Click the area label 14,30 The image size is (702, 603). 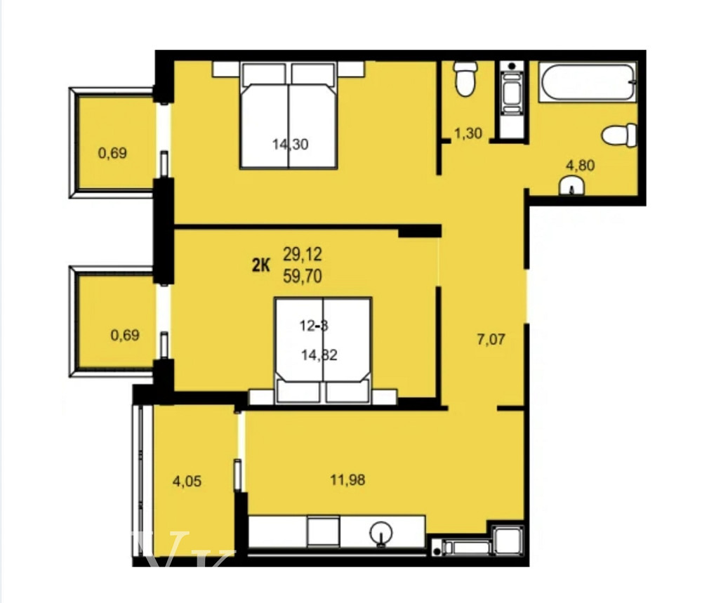click(291, 145)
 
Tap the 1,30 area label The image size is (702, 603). click(468, 133)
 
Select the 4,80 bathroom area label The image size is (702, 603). click(581, 166)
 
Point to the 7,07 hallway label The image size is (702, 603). click(491, 340)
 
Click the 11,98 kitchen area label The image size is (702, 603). click(347, 480)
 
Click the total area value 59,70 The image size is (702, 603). click(303, 277)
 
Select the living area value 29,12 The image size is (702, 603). click(303, 253)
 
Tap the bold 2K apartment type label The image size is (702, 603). click(261, 265)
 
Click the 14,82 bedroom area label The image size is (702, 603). click(319, 355)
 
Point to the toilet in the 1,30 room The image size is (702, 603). click(465, 79)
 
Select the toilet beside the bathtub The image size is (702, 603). click(621, 135)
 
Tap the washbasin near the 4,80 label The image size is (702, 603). click(574, 186)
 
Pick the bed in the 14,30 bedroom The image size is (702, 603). click(289, 116)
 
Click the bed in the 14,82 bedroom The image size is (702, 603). click(323, 351)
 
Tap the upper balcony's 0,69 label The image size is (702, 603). click(112, 152)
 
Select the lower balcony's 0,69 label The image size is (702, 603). click(124, 335)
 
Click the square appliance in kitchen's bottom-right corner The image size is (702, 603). click(506, 539)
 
